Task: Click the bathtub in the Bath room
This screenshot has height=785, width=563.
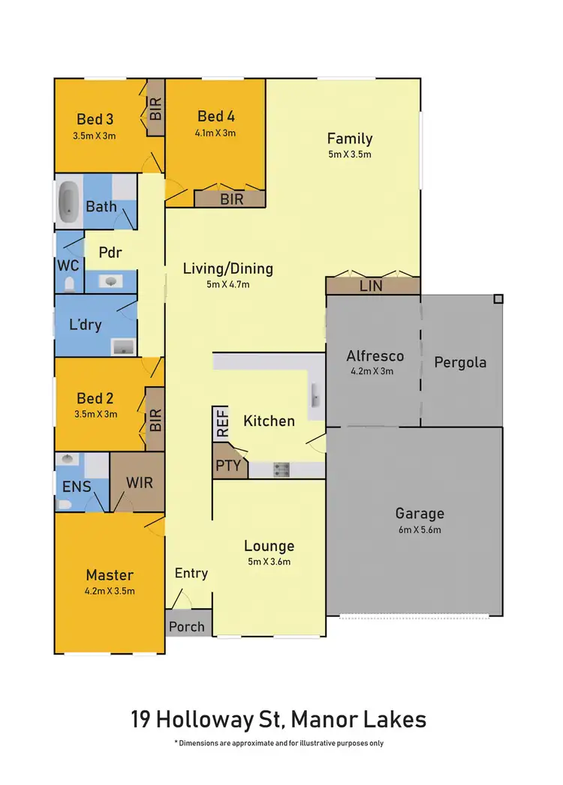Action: (x=68, y=201)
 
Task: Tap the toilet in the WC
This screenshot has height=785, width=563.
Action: (x=69, y=284)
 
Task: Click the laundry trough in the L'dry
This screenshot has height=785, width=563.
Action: (x=122, y=346)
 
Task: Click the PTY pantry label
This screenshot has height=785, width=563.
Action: (x=227, y=465)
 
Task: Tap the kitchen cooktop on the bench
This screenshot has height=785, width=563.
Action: (x=281, y=470)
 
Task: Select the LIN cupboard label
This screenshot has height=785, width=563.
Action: (x=371, y=286)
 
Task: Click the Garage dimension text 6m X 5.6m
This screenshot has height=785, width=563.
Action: (x=420, y=529)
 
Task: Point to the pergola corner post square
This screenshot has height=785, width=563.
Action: (x=498, y=298)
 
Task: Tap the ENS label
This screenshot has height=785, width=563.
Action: (x=77, y=487)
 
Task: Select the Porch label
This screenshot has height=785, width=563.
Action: (x=187, y=626)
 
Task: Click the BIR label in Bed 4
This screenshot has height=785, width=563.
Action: (x=231, y=200)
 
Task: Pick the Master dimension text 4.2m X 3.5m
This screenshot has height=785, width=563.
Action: (x=110, y=591)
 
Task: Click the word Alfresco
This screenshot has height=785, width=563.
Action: (x=375, y=355)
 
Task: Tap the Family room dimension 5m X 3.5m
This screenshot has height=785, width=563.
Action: (x=349, y=154)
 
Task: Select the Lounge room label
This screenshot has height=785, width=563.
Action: (x=269, y=546)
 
